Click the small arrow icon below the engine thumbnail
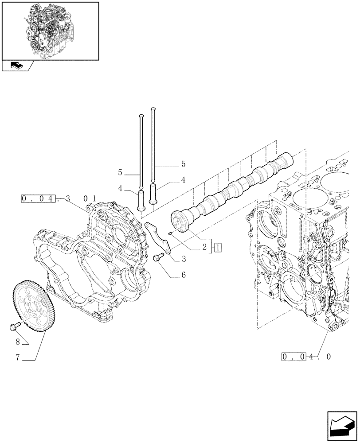pyautogui.click(x=17, y=66)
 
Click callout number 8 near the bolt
pyautogui.click(x=17, y=342)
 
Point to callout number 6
pyautogui.click(x=183, y=275)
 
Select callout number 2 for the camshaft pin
pyautogui.click(x=205, y=247)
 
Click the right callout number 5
pyautogui.click(x=183, y=164)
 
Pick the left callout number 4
pyautogui.click(x=120, y=188)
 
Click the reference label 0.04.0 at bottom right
pyautogui.click(x=306, y=357)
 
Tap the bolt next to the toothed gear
pyautogui.click(x=13, y=327)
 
